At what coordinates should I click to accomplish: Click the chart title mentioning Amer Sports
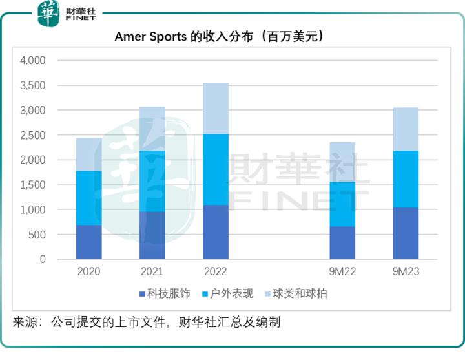coord(219,36)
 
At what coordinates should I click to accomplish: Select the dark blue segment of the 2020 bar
coord(89,242)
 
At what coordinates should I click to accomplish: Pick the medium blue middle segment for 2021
coord(152,181)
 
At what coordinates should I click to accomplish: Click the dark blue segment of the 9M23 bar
coord(406,233)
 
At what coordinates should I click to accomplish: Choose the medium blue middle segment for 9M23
coord(406,179)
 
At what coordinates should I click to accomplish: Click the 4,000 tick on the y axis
coord(32,61)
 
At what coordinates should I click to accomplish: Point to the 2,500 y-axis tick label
coord(32,135)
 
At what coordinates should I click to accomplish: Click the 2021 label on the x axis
coord(152,272)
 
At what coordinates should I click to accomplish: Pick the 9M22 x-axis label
coord(342,272)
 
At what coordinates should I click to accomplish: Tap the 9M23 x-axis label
coord(406,272)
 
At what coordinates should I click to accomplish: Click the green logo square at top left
coord(48,13)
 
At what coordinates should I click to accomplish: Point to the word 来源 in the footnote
coord(25,321)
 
